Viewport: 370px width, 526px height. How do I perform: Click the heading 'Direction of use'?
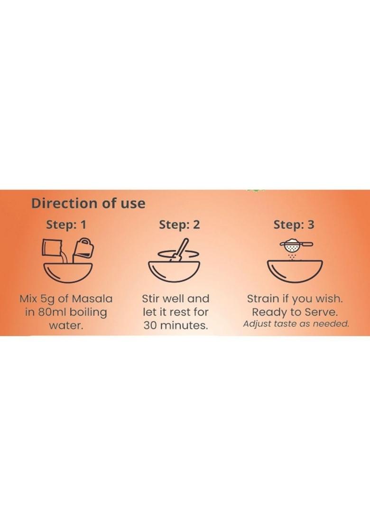coord(88,203)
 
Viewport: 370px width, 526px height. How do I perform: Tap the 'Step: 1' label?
coord(66,225)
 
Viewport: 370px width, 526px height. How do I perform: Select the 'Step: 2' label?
coord(179,225)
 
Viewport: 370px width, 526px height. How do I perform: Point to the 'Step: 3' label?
coord(294,225)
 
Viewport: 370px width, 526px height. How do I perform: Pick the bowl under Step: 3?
coord(295,272)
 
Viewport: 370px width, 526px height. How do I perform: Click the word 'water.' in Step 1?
coord(66,325)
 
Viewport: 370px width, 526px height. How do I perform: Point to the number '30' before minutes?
coord(150,325)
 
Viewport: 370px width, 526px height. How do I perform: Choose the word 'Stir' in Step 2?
coord(151,299)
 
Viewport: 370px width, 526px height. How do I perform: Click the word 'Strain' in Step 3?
coord(263,299)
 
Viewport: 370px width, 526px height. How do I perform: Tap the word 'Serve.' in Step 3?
coord(321,312)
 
